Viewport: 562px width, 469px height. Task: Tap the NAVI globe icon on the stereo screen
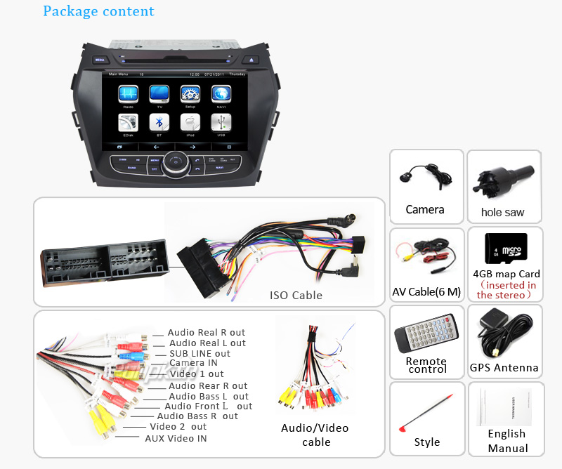[221, 94]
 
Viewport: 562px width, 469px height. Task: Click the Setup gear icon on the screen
[190, 94]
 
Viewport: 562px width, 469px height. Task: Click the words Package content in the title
[98, 11]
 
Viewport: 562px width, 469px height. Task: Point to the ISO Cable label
[296, 296]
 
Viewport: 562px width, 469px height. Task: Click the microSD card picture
[506, 248]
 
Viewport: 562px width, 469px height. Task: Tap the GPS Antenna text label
[504, 368]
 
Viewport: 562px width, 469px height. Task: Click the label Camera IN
[193, 363]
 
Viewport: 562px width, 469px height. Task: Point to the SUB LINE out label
[200, 353]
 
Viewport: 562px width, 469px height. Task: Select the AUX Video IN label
[176, 438]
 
